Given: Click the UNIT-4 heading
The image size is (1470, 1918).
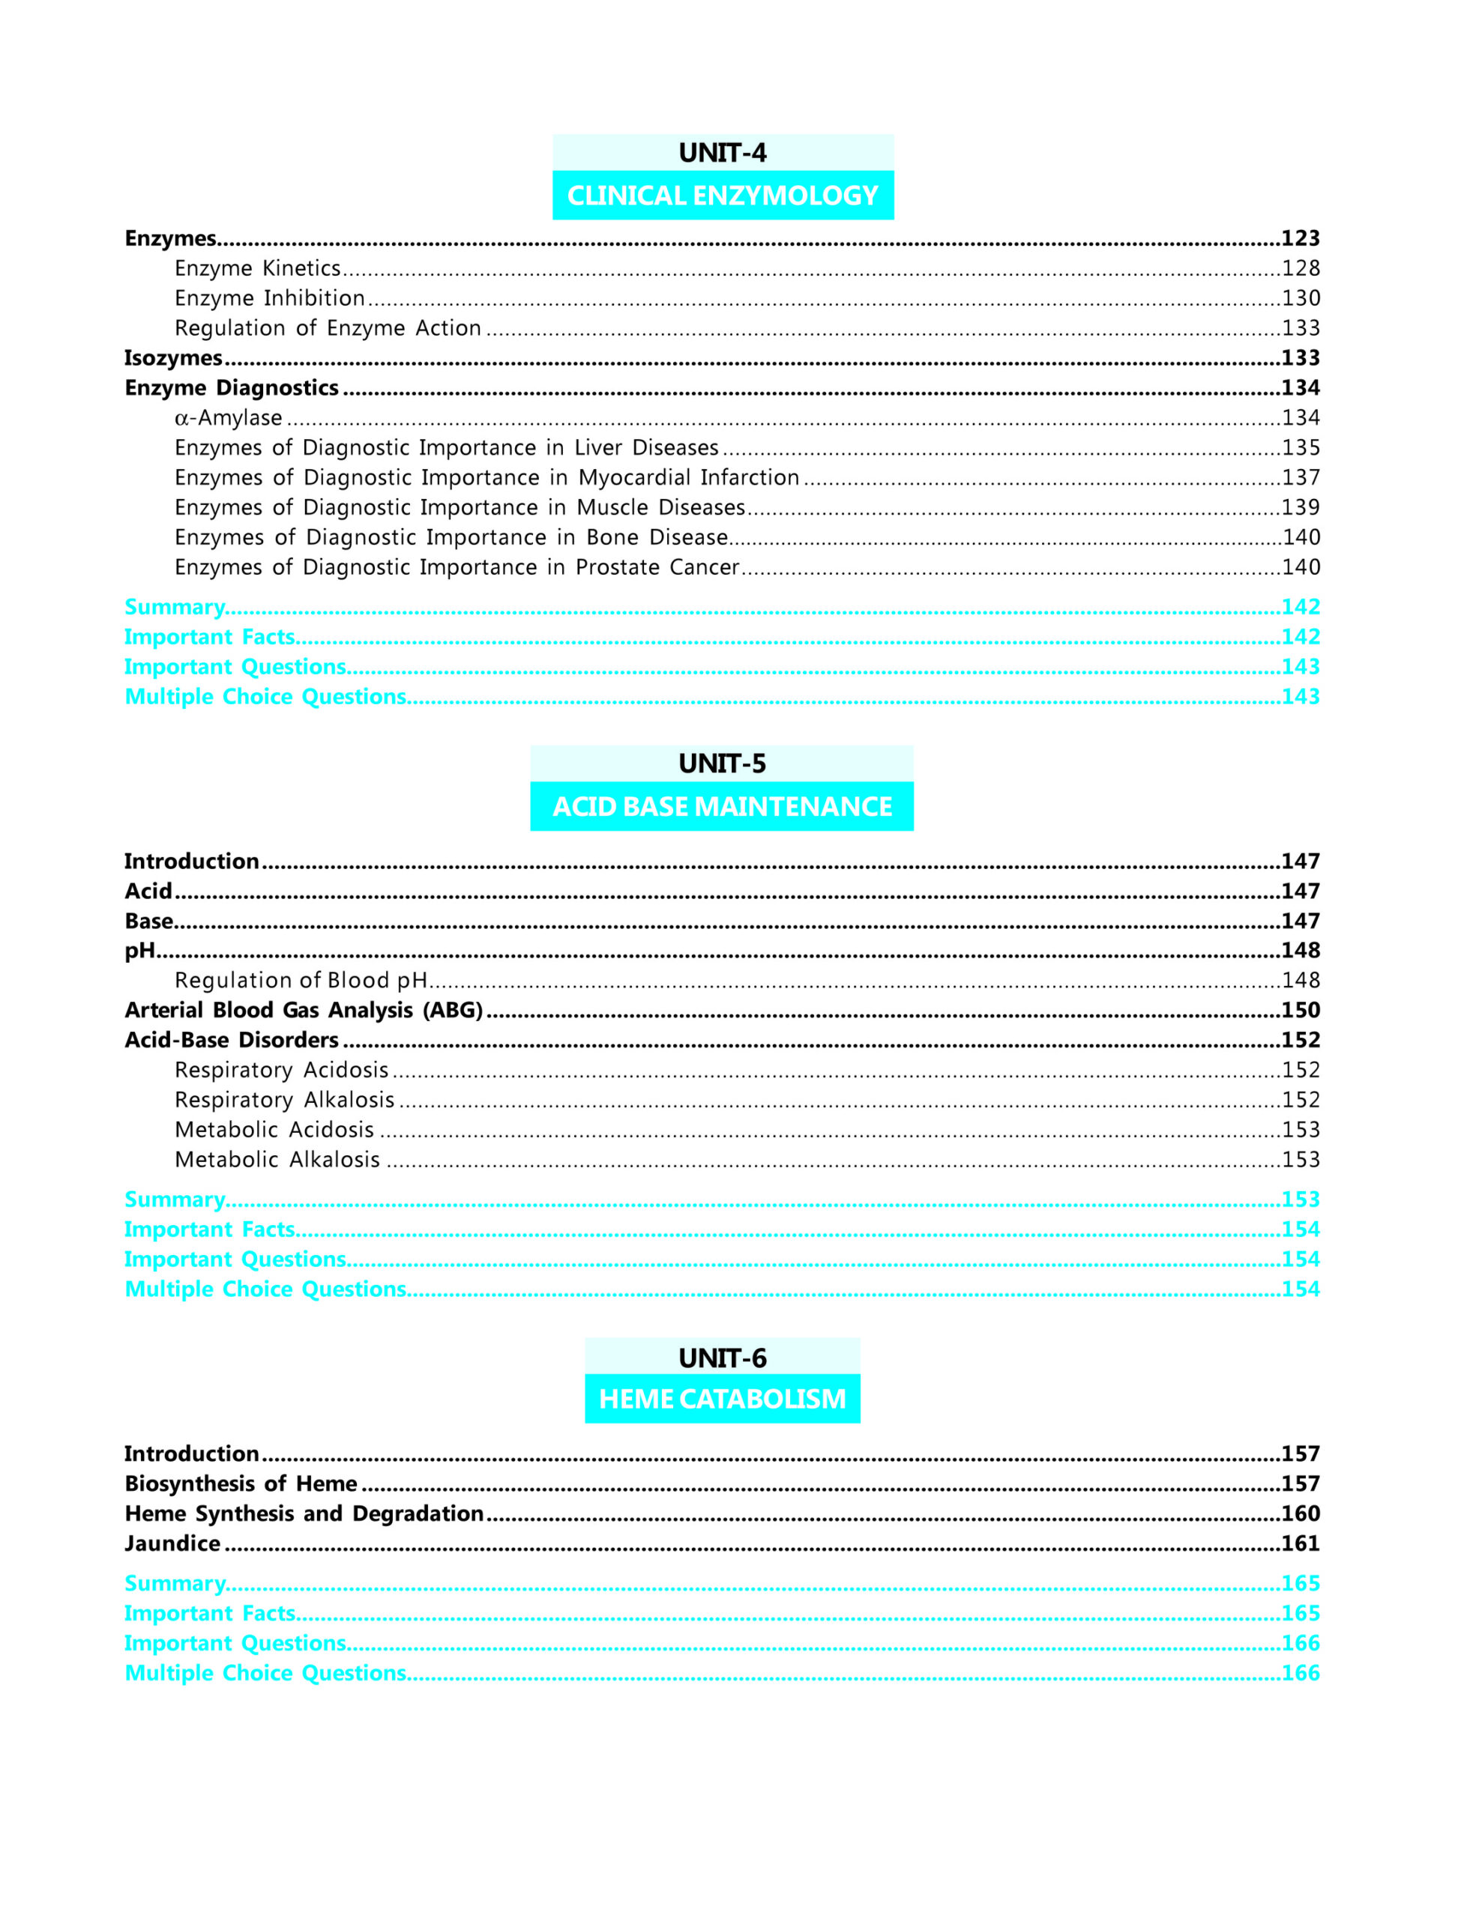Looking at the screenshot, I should pyautogui.click(x=722, y=153).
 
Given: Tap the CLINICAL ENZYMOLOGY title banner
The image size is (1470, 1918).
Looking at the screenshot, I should pyautogui.click(x=722, y=195).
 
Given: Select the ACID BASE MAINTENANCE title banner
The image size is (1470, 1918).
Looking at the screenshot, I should pyautogui.click(x=722, y=806).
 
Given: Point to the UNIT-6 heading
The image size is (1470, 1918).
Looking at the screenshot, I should pyautogui.click(x=722, y=1358).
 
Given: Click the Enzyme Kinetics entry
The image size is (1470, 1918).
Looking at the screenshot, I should pyautogui.click(x=257, y=268).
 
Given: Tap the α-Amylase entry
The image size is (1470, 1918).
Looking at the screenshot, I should pyautogui.click(x=229, y=418).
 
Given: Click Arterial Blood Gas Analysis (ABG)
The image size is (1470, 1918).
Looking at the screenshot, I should pyautogui.click(x=304, y=1010).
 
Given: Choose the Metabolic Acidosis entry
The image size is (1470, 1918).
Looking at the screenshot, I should pyautogui.click(x=274, y=1130).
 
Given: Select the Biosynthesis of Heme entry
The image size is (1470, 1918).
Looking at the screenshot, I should pyautogui.click(x=241, y=1483).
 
